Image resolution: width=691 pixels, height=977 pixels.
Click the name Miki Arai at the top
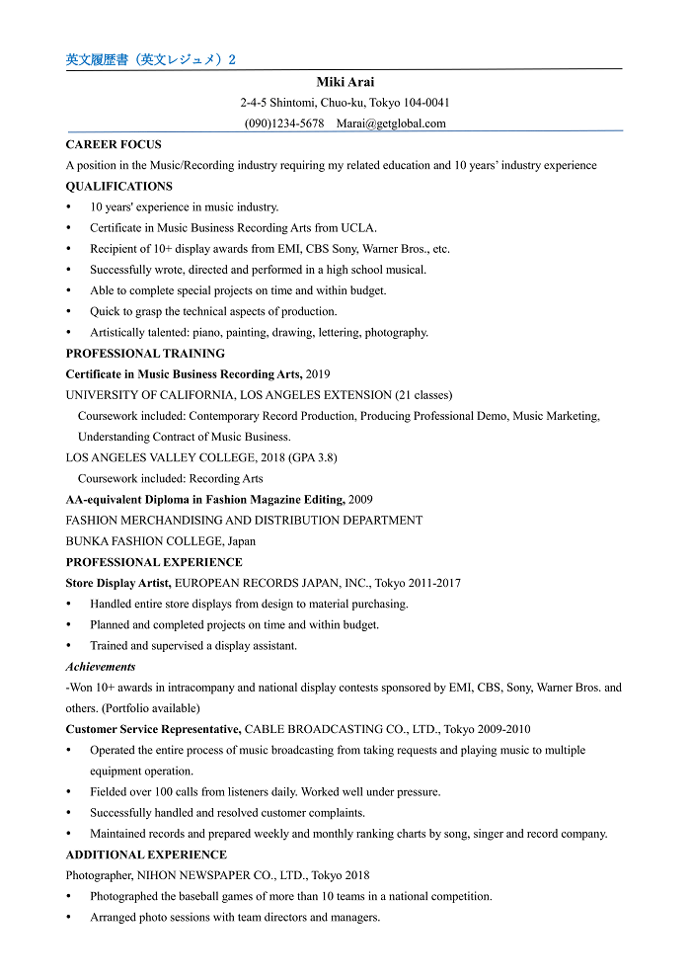(x=345, y=82)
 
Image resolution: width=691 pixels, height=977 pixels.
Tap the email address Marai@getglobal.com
(x=391, y=123)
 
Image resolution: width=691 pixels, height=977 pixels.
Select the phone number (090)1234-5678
(x=284, y=123)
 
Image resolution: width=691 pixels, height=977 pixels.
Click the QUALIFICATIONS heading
(x=118, y=187)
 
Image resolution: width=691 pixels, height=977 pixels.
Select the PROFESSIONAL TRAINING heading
(x=145, y=354)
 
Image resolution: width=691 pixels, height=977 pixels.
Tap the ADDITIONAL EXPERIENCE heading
(x=146, y=855)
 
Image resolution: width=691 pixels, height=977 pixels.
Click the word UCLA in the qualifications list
(x=357, y=228)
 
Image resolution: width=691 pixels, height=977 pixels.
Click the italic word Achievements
(x=101, y=667)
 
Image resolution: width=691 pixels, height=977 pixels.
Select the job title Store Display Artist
(x=118, y=584)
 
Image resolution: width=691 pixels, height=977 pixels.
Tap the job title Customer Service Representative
(x=153, y=730)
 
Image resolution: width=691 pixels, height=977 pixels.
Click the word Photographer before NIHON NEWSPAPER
(x=99, y=875)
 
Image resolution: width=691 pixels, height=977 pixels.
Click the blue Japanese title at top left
(x=151, y=60)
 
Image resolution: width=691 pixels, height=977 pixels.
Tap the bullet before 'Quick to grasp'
(x=68, y=312)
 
